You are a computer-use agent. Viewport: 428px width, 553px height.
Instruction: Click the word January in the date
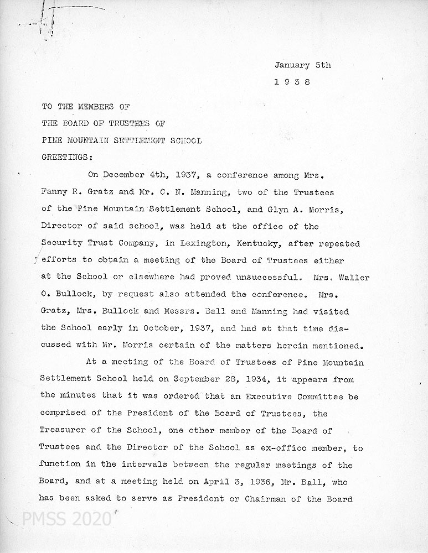tap(292, 65)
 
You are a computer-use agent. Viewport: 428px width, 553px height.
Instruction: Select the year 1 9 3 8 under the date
tap(292, 81)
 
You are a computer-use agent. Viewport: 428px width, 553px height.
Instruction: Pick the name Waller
tap(354, 277)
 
